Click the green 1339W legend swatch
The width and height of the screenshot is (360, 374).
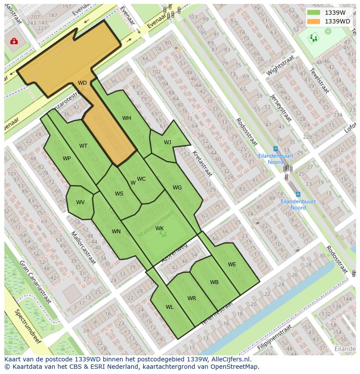click(313, 12)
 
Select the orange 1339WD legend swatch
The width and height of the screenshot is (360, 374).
click(313, 21)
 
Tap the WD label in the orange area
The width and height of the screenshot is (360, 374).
click(82, 83)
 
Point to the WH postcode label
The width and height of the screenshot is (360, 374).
click(127, 118)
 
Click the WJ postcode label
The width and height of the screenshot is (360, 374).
click(167, 142)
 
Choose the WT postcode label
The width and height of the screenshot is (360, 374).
click(83, 146)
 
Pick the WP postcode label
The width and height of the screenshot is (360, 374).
click(67, 159)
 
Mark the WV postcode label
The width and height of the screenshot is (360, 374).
click(80, 202)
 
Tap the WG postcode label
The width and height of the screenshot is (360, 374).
click(177, 188)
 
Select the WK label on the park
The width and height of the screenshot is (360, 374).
click(160, 228)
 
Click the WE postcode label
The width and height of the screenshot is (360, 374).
click(232, 265)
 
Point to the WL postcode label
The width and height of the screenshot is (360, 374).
click(170, 307)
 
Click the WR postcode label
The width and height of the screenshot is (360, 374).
click(192, 298)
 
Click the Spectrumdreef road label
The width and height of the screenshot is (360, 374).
click(27, 326)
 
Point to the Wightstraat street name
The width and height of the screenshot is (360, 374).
click(280, 65)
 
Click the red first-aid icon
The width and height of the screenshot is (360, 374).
click(14, 41)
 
